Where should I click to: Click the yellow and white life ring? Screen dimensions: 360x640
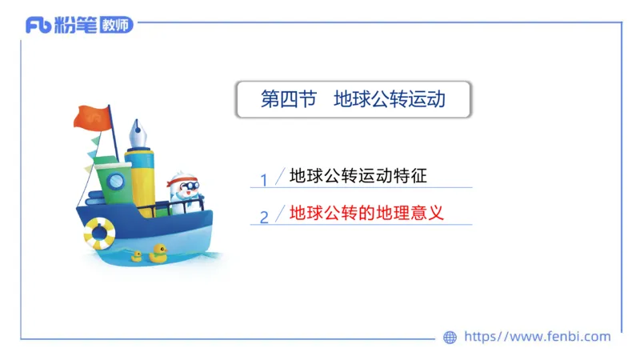pyautogui.click(x=99, y=233)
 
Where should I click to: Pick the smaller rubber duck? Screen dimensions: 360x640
pyautogui.click(x=137, y=256)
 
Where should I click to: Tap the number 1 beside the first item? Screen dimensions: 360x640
pyautogui.click(x=264, y=179)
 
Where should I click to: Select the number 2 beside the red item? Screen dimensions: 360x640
pyautogui.click(x=264, y=217)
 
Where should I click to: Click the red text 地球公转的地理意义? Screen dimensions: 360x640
pyautogui.click(x=366, y=214)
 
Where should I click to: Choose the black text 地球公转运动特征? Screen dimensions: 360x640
pyautogui.click(x=363, y=175)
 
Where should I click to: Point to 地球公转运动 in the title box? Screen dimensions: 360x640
pyautogui.click(x=389, y=100)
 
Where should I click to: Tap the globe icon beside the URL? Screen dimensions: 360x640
pyautogui.click(x=450, y=338)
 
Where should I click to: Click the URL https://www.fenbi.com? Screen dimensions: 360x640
pyautogui.click(x=537, y=337)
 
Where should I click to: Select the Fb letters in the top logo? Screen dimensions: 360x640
pyautogui.click(x=39, y=26)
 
